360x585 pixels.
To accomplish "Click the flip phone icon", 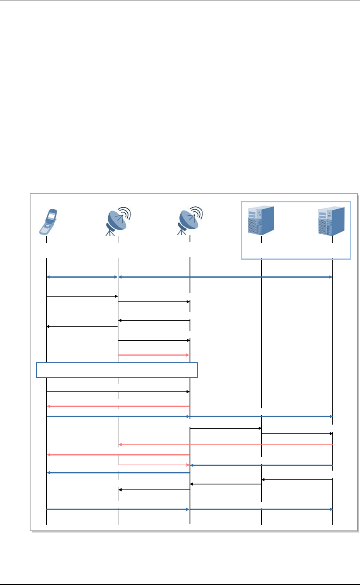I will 48,222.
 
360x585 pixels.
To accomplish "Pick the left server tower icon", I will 261,220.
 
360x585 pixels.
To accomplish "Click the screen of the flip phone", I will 52,215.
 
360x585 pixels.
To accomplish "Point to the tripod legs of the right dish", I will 181,231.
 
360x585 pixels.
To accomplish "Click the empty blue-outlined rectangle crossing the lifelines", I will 117,370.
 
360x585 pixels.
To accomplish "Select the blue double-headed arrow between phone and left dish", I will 82,277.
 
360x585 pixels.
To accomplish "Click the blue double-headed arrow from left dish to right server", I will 225,277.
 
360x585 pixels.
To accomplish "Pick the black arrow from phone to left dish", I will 82,296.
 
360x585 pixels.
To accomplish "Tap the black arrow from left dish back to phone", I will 82,326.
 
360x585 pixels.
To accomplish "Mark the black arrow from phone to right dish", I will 118,392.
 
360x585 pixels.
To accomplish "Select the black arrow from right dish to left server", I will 225,428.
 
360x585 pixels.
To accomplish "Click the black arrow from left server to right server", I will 297,434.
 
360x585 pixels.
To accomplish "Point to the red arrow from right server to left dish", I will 225,445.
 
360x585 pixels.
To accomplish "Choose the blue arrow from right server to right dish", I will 261,465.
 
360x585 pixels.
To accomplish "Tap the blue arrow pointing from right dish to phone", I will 118,473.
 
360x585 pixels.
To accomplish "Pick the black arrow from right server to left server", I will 297,480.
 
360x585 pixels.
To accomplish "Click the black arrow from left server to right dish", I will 225,484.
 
